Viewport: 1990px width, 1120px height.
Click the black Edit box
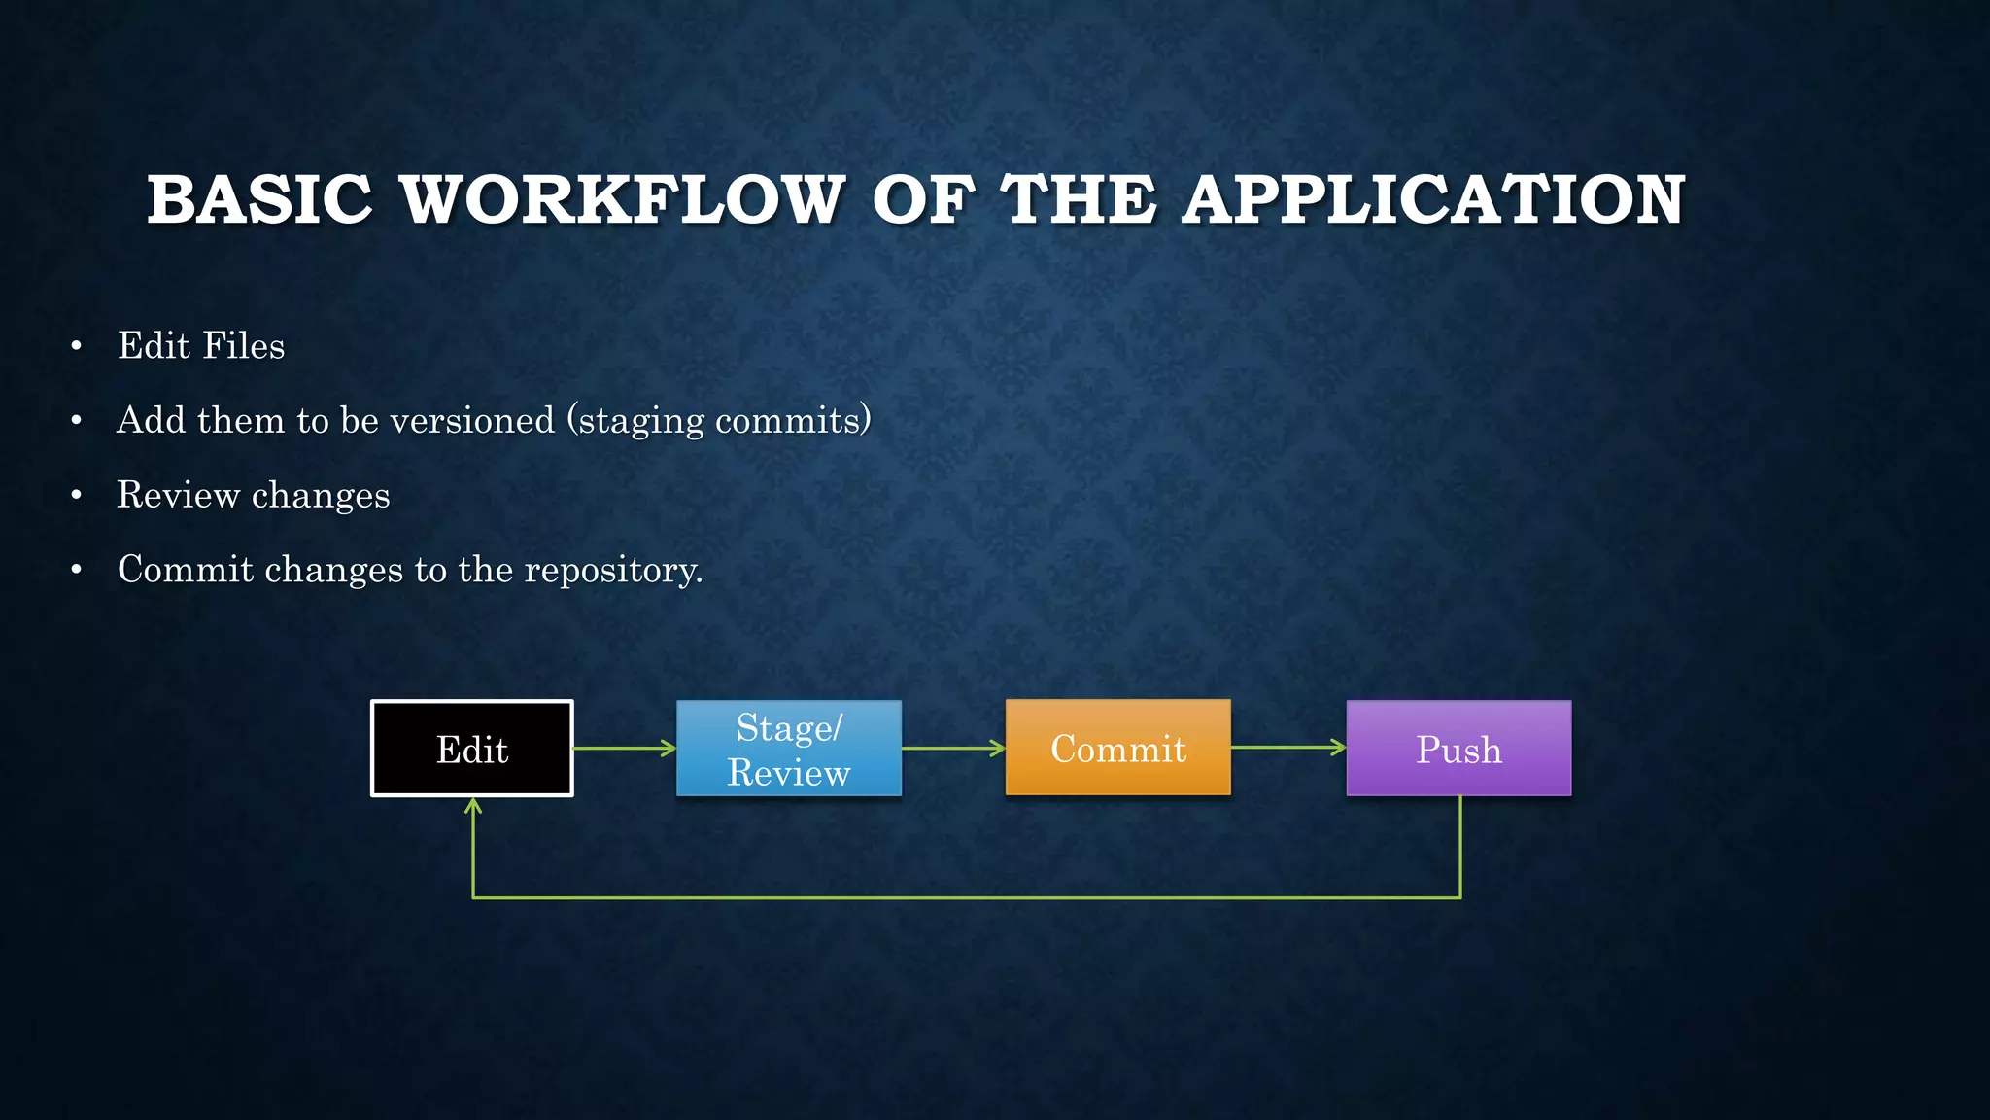(472, 749)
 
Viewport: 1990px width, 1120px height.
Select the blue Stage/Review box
(789, 749)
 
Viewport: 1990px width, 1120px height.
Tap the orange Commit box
(1117, 748)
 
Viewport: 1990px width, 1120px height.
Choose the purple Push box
(1458, 749)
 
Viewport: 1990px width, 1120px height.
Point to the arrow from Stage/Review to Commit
(953, 749)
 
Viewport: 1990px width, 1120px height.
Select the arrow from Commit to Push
(1288, 748)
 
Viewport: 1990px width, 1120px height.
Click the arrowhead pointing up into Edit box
(473, 806)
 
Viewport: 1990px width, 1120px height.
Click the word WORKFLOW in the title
(622, 200)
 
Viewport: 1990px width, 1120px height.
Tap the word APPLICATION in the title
(1433, 200)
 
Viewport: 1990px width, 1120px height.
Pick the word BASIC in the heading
(259, 200)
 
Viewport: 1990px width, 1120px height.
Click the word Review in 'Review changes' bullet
(178, 495)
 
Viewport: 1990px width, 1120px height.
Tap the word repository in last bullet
(612, 571)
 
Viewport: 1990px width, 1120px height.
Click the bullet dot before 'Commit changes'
(77, 571)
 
